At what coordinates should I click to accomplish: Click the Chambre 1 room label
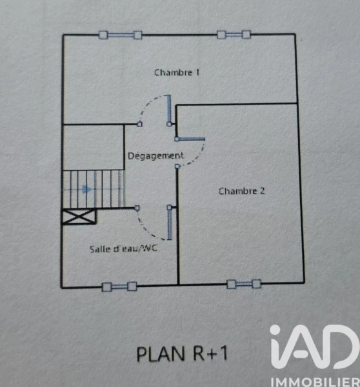coord(177,72)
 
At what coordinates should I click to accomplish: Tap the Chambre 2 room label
coord(241,191)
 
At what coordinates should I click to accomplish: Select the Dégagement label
coord(155,156)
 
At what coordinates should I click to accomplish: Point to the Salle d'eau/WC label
coord(123,248)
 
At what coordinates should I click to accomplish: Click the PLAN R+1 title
coord(182,353)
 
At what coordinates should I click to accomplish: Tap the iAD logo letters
coord(315,346)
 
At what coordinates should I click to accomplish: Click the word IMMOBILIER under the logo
coord(315,382)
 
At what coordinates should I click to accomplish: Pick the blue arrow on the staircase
coord(86,189)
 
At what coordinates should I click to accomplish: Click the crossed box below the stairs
coord(79,217)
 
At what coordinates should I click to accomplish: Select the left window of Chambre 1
coord(120,35)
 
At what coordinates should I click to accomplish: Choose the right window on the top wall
coord(234,35)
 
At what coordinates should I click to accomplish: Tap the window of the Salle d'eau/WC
coord(119,286)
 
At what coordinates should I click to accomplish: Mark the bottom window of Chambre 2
coord(244,284)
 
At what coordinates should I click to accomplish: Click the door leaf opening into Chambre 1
coord(169,110)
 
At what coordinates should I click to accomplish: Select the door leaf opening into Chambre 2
coord(190,139)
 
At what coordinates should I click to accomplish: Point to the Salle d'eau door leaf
coord(170,223)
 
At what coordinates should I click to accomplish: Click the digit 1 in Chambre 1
coord(197,72)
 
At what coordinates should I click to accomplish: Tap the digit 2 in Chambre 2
coord(262,190)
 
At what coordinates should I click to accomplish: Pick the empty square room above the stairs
coord(94,147)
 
